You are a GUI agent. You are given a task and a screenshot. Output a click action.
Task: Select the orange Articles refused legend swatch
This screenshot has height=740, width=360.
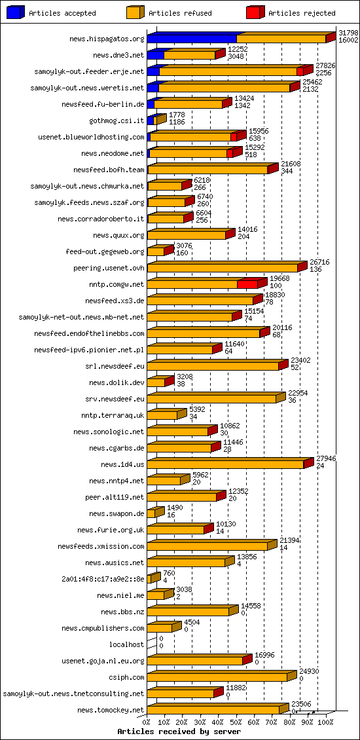[x=135, y=12]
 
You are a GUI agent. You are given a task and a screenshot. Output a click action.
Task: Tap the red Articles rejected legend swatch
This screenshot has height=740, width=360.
[x=255, y=12]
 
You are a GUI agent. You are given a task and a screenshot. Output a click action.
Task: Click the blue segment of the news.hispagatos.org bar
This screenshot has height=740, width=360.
[x=192, y=39]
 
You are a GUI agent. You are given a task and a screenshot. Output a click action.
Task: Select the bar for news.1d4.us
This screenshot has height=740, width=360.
[x=226, y=464]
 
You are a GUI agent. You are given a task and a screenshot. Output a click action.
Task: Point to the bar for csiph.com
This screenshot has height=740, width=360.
[x=217, y=677]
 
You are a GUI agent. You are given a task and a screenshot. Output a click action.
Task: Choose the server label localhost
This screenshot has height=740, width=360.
[x=126, y=644]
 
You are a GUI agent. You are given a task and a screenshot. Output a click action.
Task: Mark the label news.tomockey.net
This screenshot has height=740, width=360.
[x=111, y=710]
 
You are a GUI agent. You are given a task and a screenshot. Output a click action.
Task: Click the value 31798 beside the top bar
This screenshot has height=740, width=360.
[x=348, y=32]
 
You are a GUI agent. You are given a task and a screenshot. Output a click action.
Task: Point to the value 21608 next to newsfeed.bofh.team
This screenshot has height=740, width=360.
[x=290, y=163]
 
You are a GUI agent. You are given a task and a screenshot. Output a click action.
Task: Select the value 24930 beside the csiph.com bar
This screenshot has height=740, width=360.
[x=309, y=671]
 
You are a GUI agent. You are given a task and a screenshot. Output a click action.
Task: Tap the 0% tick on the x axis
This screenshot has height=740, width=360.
[x=147, y=722]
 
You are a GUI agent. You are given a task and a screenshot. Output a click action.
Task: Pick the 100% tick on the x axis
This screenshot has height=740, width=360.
[x=325, y=722]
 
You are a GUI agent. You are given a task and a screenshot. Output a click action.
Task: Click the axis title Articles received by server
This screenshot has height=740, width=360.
[x=179, y=731]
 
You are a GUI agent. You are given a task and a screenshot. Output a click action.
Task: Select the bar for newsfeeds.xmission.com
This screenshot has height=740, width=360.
[x=207, y=546]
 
